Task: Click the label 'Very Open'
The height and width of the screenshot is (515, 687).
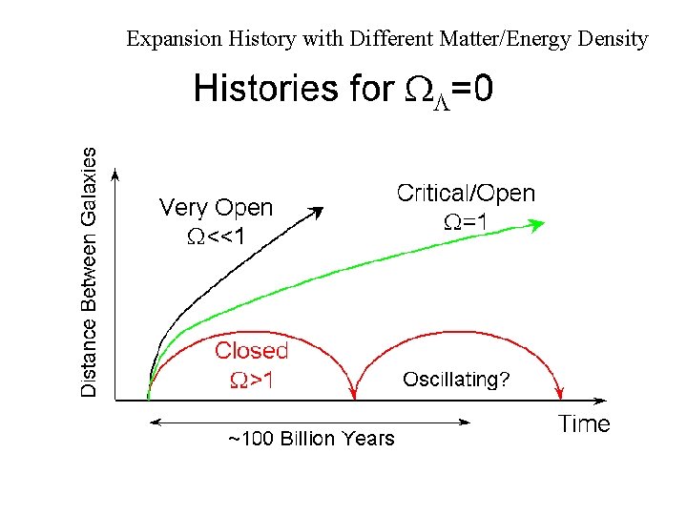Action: [216, 208]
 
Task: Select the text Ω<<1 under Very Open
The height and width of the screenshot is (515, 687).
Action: [216, 236]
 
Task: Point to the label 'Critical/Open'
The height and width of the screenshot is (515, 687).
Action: [466, 194]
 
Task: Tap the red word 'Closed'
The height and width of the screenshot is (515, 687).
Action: [251, 351]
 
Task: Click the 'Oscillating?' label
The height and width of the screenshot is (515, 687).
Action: [456, 380]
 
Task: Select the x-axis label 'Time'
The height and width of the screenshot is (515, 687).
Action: [584, 424]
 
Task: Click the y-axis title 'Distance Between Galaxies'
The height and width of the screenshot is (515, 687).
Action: [89, 272]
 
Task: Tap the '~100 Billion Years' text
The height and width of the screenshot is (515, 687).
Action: [310, 439]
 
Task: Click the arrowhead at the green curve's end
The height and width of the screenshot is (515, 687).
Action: [537, 225]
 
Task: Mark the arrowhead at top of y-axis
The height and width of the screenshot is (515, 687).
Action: [115, 175]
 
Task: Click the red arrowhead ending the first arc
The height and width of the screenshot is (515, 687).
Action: [356, 391]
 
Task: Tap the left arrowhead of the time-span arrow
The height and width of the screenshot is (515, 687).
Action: [153, 420]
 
